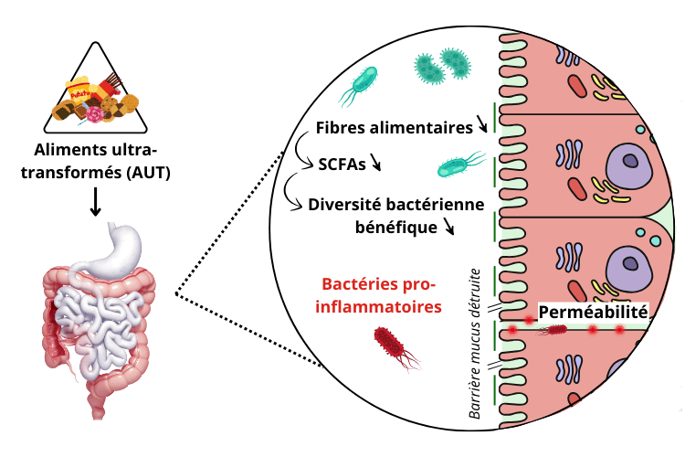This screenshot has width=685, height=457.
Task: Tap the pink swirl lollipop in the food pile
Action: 95,114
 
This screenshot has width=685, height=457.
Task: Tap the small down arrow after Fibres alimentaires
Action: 481,124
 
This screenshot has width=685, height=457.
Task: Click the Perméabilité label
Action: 593,313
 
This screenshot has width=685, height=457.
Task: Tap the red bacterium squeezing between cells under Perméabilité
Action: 553,329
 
